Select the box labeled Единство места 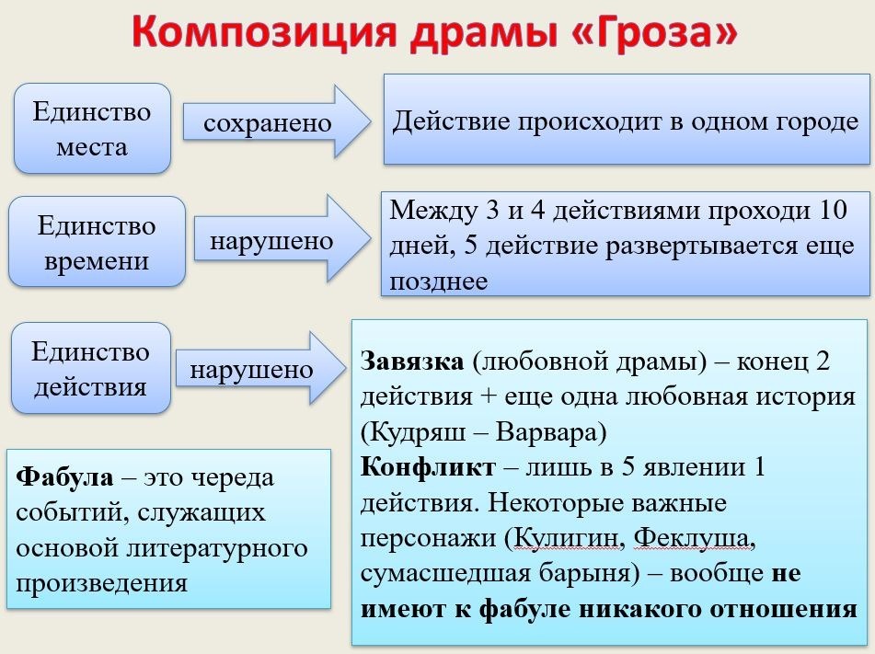point(92,129)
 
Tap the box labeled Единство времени point(97,242)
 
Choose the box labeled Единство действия point(90,368)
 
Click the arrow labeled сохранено point(277,122)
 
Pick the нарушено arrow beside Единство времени point(282,239)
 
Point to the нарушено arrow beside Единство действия point(261,368)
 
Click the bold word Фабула point(64,476)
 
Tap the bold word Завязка point(412,361)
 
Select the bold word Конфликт point(428,467)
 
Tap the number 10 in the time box point(834,211)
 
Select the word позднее point(439,281)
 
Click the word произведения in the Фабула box point(101,584)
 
